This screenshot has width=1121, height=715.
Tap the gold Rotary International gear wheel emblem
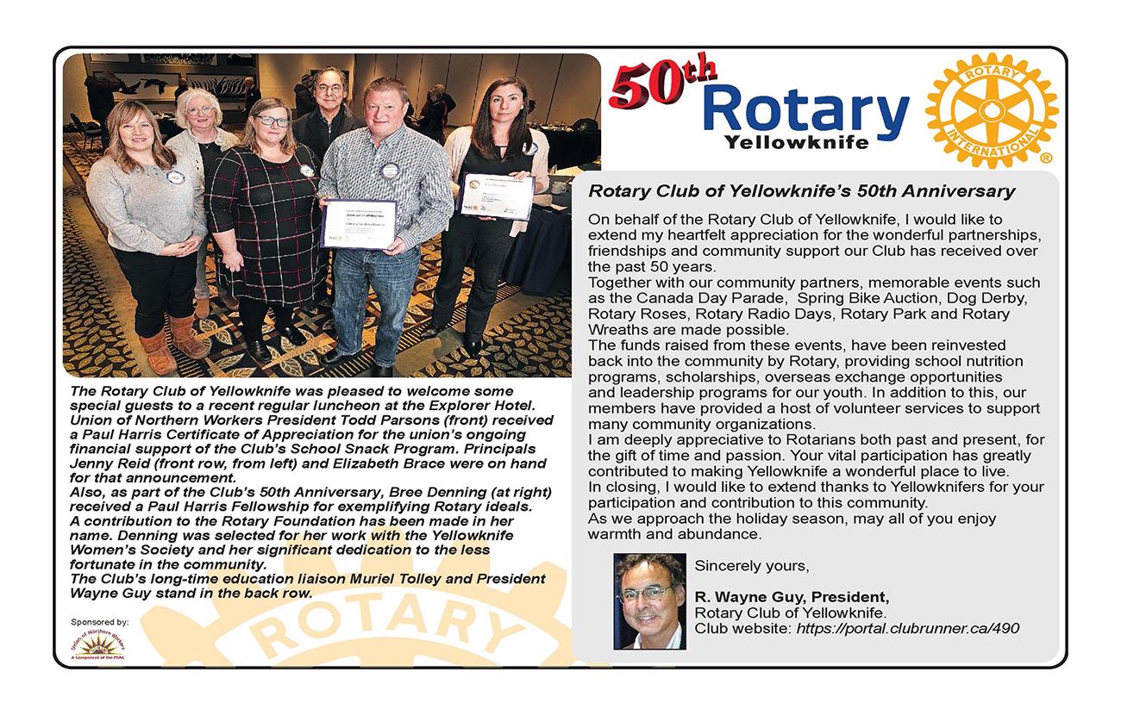(991, 110)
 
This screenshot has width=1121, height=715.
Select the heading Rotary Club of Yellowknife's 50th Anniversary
(801, 190)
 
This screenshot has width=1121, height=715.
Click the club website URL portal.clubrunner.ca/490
(907, 628)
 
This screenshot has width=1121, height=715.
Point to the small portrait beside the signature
(649, 600)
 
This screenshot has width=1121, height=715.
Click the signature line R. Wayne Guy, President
(792, 597)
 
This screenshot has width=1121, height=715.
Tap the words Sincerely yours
(752, 566)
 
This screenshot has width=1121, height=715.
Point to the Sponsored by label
(100, 621)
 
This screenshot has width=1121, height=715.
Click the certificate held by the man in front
(358, 224)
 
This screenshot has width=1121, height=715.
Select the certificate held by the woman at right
(496, 196)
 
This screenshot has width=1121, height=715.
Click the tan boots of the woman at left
(172, 339)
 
